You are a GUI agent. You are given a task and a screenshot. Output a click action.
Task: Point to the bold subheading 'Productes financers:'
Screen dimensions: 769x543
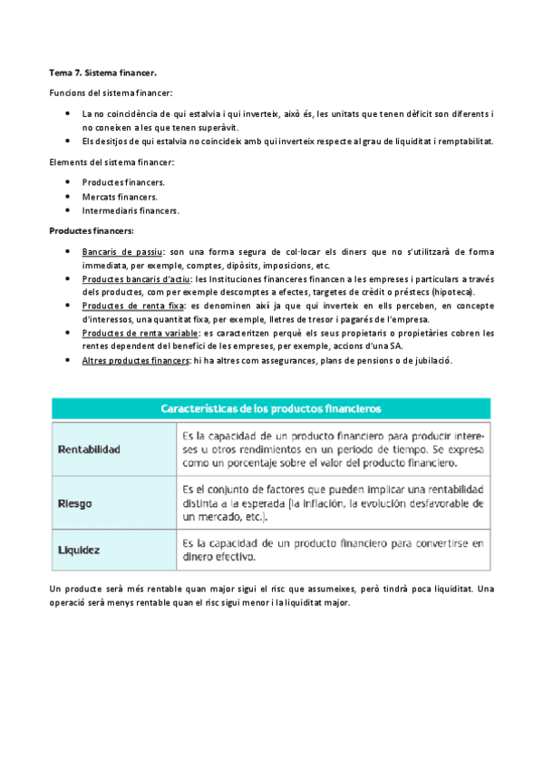point(91,230)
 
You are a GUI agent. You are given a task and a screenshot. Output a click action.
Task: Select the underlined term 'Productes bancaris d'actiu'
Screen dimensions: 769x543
point(136,279)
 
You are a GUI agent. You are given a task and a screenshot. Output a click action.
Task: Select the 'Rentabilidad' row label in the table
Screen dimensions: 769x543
point(89,449)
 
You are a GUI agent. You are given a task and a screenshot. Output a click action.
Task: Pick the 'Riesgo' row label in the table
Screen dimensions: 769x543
point(75,503)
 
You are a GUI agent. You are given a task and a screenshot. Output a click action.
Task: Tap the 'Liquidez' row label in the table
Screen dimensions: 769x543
point(79,550)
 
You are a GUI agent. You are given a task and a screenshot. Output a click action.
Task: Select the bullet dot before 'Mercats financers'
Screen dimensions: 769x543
point(68,196)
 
